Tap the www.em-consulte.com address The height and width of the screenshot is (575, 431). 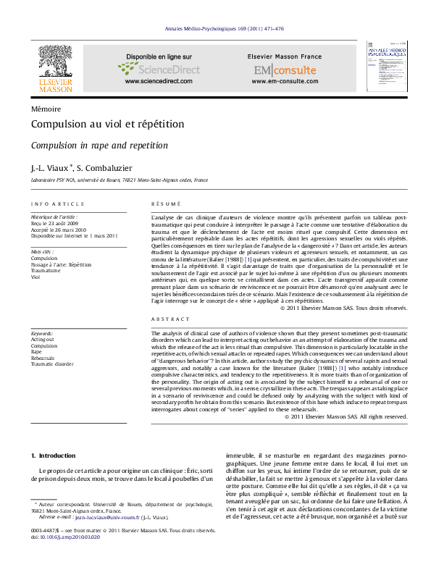pos(285,82)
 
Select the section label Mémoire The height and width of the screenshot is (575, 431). pos(46,108)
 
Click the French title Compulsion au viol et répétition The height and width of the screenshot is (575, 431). pos(108,125)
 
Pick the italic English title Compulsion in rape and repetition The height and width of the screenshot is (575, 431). pos(99,146)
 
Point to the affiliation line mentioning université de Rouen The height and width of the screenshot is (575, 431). pos(120,180)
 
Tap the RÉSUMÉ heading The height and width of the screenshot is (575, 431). pos(165,204)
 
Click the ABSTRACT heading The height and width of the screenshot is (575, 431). pos(168,319)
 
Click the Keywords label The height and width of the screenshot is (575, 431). pos(43,333)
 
